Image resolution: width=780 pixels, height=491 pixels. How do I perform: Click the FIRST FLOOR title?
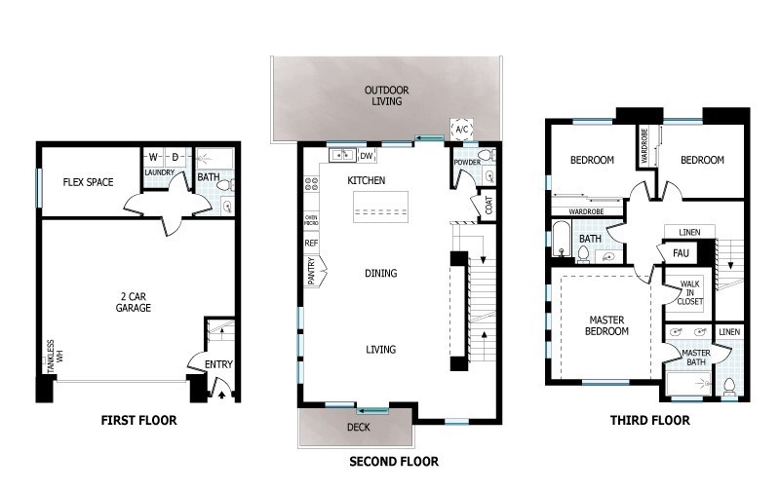tap(138, 421)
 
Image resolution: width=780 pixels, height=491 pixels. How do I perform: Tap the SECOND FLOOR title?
tap(393, 461)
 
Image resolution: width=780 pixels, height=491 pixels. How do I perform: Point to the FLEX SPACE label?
tap(88, 181)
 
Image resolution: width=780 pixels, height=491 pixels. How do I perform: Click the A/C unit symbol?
tap(462, 131)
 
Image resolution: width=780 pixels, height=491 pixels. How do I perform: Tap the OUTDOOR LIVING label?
tap(387, 96)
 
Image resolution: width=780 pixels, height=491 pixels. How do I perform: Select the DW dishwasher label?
tap(367, 156)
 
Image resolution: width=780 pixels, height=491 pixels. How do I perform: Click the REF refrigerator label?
tap(312, 243)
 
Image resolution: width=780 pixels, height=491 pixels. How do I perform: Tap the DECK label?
tap(358, 428)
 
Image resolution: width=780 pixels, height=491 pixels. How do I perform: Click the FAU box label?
tap(682, 253)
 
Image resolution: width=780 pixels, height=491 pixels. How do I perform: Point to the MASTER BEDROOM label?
tap(605, 325)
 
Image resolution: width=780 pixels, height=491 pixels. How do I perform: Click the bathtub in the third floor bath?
tap(561, 237)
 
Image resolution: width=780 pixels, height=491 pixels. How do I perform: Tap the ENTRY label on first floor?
tap(219, 364)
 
